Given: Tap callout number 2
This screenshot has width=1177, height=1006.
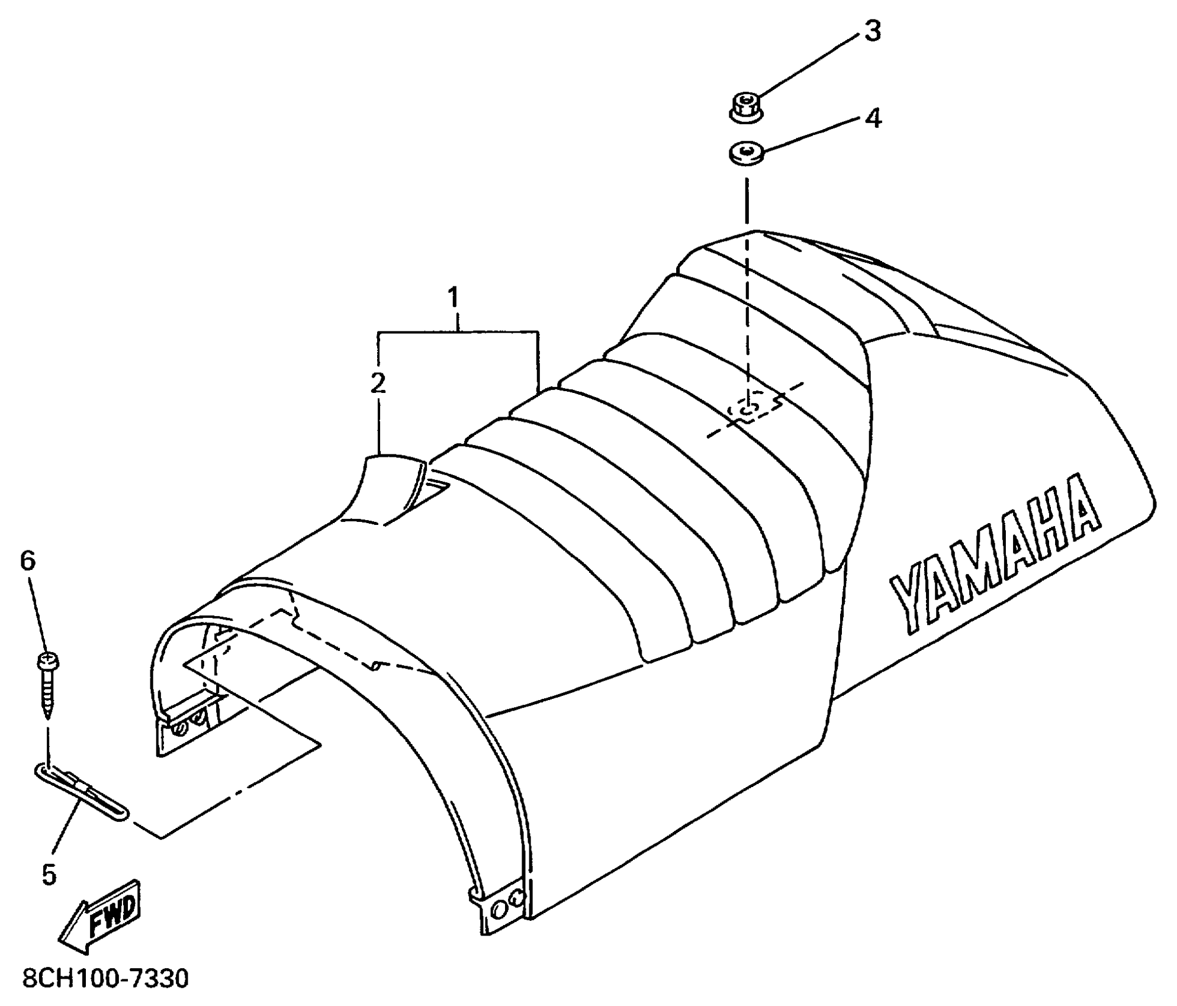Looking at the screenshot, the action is point(378,384).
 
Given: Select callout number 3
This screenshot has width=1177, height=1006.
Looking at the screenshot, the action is point(872,31).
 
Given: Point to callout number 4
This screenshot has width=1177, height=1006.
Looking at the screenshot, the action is point(873,118).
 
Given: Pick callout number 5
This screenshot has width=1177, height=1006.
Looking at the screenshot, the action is point(49,874).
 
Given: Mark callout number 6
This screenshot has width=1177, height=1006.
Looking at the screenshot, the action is point(28,560).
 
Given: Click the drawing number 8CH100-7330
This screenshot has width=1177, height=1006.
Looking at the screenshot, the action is point(105,979).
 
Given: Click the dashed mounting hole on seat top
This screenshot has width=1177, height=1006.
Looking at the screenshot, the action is point(748,408).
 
